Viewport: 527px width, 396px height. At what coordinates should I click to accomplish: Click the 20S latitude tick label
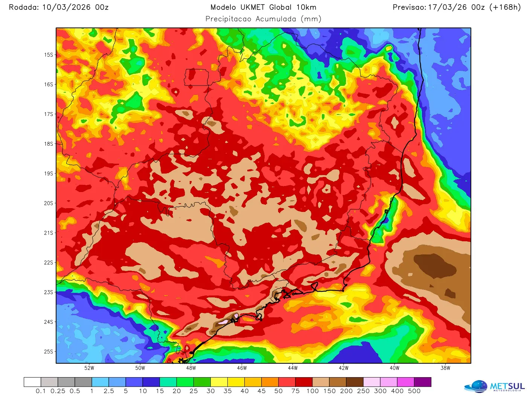(49, 203)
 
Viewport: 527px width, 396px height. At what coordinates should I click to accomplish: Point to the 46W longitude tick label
(242, 368)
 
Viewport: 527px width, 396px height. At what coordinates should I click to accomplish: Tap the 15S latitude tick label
(49, 55)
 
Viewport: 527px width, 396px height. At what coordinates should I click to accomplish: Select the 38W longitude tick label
(445, 368)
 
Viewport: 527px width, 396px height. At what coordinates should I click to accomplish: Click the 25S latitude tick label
(49, 352)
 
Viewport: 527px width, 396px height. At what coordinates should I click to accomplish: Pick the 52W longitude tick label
(89, 368)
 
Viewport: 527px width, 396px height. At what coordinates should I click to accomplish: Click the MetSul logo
(495, 386)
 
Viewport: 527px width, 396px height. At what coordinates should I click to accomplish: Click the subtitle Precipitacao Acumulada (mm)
(263, 19)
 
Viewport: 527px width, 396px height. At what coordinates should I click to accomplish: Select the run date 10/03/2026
(66, 7)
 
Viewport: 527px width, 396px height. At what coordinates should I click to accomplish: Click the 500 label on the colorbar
(414, 391)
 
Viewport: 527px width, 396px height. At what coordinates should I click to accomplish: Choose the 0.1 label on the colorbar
(41, 391)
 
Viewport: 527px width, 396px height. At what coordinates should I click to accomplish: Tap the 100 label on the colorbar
(312, 391)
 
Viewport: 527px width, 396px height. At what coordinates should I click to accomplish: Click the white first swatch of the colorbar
(32, 382)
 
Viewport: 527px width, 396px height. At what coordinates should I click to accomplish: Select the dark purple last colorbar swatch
(422, 382)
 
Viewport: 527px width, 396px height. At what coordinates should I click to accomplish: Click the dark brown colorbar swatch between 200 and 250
(355, 382)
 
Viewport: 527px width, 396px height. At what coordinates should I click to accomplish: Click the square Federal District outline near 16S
(196, 77)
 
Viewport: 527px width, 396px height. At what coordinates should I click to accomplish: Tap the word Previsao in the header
(409, 7)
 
